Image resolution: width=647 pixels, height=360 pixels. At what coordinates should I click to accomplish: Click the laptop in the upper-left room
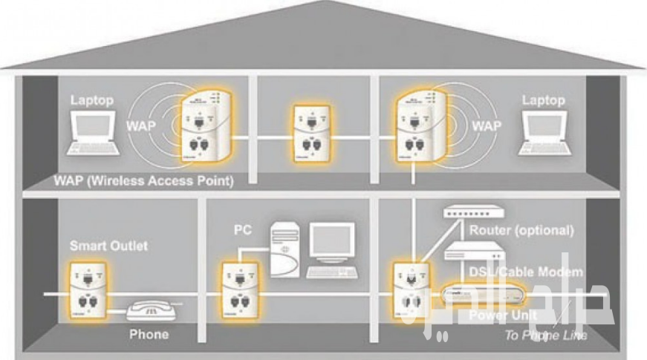92,133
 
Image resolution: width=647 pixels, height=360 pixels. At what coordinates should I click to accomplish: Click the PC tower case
285,248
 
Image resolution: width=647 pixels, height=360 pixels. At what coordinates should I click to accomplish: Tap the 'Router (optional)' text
521,230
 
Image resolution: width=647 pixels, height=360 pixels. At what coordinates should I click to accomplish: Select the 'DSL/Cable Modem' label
525,272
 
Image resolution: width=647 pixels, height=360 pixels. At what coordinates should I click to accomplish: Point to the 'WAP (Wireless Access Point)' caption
144,181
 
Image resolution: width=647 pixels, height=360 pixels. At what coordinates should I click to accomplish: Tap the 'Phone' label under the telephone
149,334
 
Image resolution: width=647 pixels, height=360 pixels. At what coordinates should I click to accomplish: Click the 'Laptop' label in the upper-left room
93,99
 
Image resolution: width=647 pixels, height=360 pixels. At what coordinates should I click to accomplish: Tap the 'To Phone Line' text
546,336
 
